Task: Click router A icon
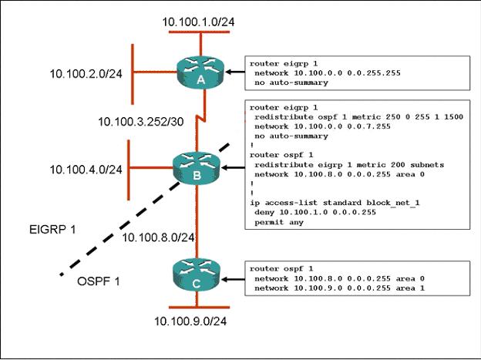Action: tap(200, 72)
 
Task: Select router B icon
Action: tap(197, 167)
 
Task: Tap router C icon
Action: tap(197, 275)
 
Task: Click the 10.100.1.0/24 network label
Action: tap(198, 22)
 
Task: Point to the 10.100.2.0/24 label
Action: tap(86, 74)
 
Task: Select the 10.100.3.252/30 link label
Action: tap(141, 122)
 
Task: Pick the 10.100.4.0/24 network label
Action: tap(86, 170)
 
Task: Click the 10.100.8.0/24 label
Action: tap(158, 237)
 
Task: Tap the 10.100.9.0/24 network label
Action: tap(190, 321)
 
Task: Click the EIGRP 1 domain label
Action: tap(52, 230)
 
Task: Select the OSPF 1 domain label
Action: tap(98, 281)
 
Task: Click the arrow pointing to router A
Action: tap(235, 72)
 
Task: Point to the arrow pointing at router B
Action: tap(233, 167)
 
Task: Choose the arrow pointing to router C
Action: tap(233, 279)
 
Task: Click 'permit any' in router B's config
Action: tap(279, 222)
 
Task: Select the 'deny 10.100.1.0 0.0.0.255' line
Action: tap(315, 212)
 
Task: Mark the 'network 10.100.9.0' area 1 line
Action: tap(340, 288)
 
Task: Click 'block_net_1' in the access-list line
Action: tap(392, 203)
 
